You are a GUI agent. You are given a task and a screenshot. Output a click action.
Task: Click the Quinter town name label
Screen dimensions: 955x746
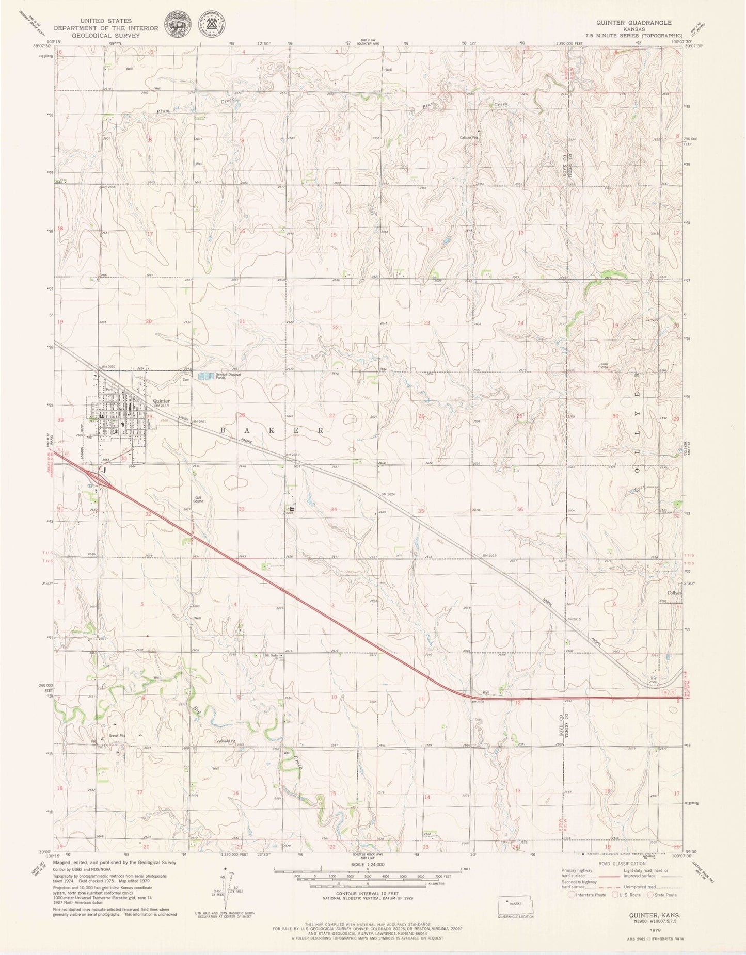162,401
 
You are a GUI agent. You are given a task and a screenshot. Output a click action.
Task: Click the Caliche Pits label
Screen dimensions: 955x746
469,138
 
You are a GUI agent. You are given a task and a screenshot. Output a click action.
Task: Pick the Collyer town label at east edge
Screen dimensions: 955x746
674,593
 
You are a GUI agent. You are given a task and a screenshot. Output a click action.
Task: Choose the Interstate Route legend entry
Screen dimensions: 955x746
587,895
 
